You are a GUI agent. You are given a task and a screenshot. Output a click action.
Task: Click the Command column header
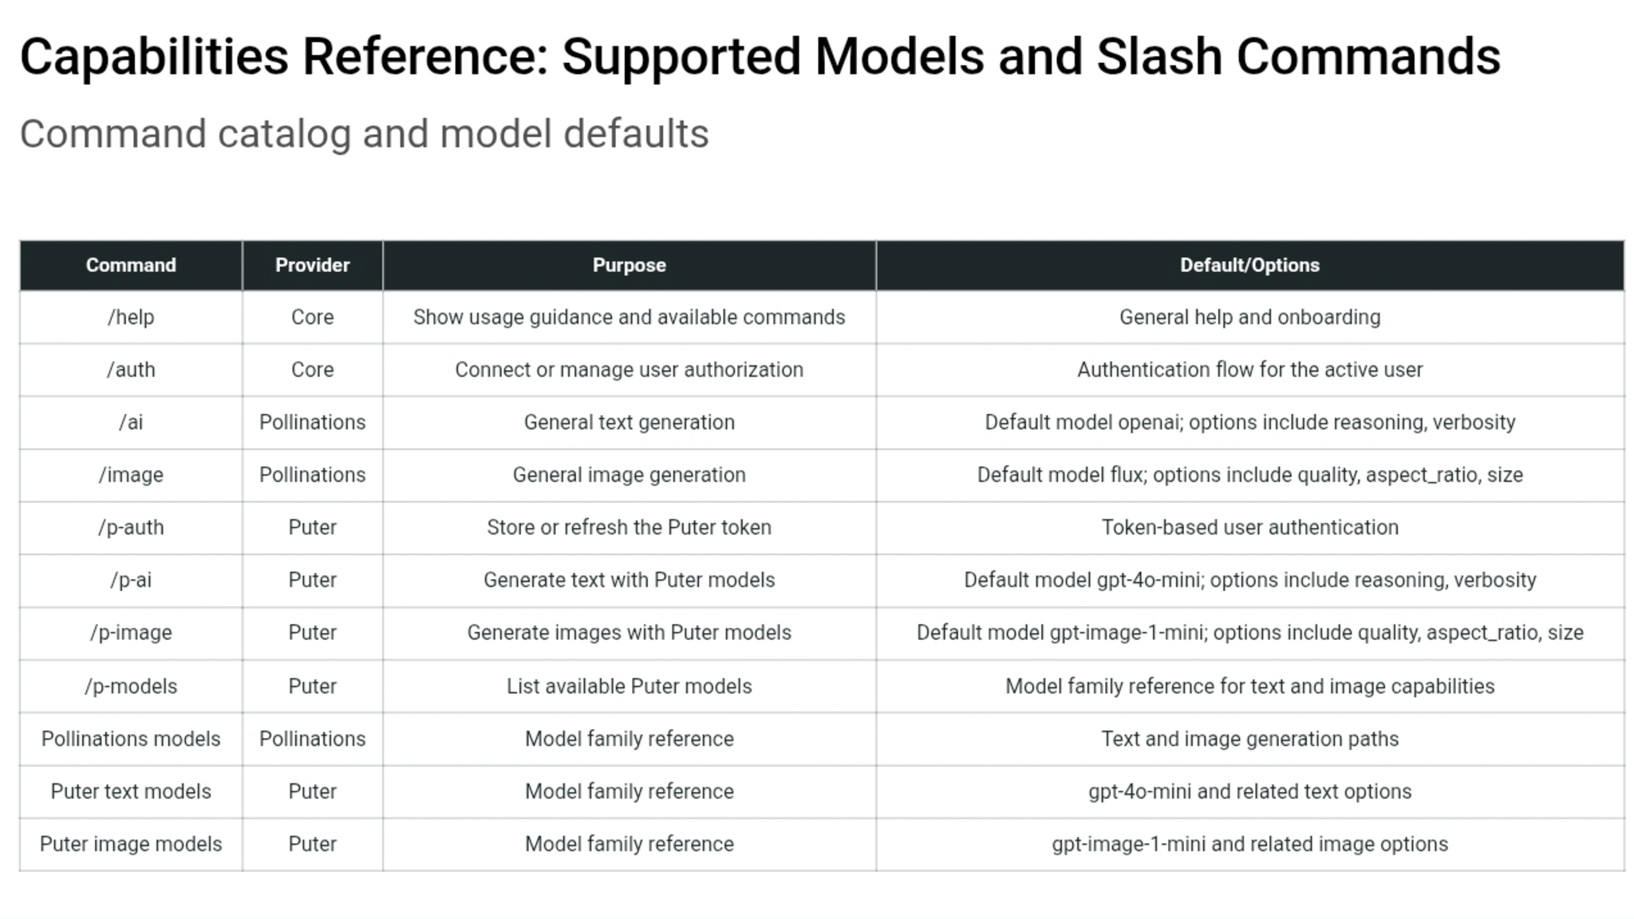click(x=131, y=265)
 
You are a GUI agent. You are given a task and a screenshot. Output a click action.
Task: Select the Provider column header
click(x=312, y=265)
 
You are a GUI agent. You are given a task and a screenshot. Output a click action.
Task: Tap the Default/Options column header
click(x=1249, y=265)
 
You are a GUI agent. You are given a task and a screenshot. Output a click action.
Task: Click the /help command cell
click(x=131, y=317)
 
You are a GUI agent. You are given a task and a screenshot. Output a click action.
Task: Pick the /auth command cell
click(x=131, y=369)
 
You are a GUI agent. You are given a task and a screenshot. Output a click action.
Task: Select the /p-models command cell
click(x=131, y=686)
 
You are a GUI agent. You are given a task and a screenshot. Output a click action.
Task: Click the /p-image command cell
click(x=131, y=633)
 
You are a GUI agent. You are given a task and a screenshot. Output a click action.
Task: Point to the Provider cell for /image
click(x=312, y=475)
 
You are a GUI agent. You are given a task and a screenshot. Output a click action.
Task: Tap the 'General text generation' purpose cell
click(x=629, y=422)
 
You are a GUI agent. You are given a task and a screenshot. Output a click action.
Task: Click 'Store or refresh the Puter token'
click(x=629, y=527)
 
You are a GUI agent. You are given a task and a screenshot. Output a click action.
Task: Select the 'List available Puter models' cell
click(x=629, y=686)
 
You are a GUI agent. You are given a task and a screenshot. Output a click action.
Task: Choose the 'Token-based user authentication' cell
click(x=1249, y=527)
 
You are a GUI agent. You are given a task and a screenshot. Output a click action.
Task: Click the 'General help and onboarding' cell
click(x=1249, y=317)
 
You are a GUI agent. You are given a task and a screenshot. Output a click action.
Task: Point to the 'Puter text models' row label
click(x=131, y=791)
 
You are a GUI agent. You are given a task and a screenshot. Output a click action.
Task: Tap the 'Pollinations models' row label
click(x=131, y=739)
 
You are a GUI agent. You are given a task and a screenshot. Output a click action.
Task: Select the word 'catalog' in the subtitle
click(x=284, y=134)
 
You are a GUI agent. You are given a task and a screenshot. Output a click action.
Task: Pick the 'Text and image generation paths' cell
click(x=1249, y=739)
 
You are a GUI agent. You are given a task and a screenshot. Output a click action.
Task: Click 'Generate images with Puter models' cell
click(x=629, y=633)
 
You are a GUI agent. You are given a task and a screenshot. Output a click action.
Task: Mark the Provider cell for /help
click(x=312, y=317)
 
